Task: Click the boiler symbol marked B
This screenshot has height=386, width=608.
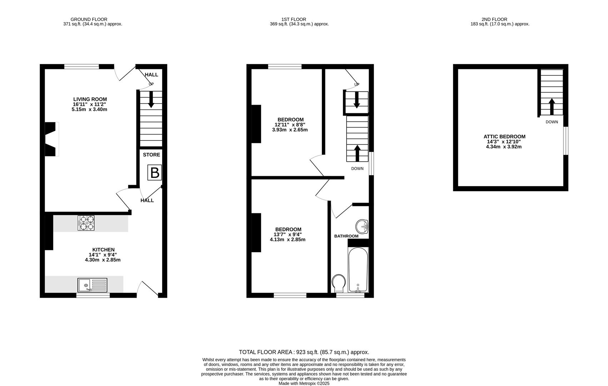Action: [155, 173]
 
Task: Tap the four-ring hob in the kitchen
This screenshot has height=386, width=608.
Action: [86, 223]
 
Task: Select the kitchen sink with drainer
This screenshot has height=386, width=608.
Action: [92, 285]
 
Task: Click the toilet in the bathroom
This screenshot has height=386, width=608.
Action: [339, 283]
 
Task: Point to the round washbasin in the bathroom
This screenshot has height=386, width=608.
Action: [362, 226]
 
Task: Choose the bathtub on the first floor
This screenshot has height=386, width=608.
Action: [358, 270]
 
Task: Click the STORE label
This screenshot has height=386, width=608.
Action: [151, 155]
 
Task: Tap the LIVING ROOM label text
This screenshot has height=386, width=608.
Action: [90, 99]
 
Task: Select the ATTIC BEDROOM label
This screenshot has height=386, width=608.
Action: [504, 137]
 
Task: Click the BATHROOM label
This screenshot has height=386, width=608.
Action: [346, 236]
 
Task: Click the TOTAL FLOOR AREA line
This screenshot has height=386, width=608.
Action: [304, 352]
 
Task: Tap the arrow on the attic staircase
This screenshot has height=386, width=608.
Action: [552, 106]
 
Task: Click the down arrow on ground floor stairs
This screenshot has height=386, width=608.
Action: [151, 99]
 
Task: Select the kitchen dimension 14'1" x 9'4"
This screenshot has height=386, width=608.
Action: [103, 255]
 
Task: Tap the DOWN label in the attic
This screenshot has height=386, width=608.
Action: [552, 122]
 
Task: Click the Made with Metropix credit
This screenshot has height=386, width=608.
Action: [304, 383]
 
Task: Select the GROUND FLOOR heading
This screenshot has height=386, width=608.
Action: [89, 19]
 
